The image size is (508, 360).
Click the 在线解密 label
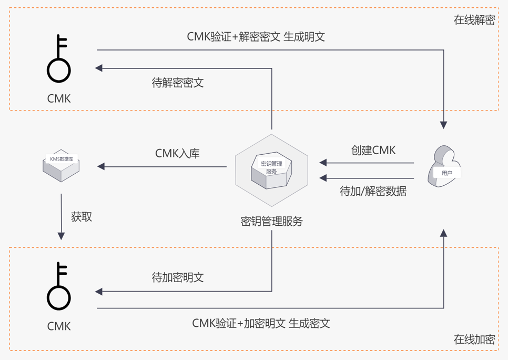474,21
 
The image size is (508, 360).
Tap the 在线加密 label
474,339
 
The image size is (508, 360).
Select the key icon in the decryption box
59,59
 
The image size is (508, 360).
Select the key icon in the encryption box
59,286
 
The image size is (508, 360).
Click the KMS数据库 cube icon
61,165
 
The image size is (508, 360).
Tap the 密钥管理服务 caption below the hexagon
271,221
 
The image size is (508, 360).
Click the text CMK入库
177,154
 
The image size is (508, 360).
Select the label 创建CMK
373,151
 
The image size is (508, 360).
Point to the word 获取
82,216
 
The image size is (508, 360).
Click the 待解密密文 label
177,83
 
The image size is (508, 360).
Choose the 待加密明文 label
177,277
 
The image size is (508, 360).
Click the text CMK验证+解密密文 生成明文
256,37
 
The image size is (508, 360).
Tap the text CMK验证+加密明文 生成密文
261,323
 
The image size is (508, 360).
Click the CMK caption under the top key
59,98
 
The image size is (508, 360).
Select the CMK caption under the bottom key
59,326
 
